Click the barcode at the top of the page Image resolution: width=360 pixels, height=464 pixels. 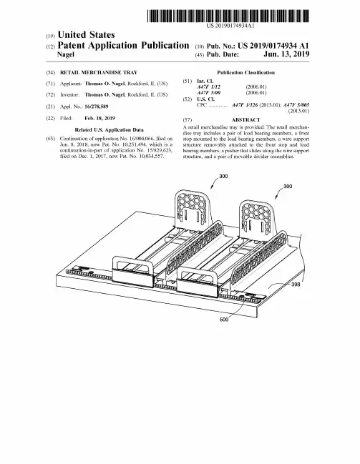(x=228, y=16)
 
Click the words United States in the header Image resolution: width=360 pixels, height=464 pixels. (x=86, y=35)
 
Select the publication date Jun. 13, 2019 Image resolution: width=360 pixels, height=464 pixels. (x=286, y=54)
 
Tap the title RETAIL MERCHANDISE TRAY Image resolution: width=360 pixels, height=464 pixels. (x=99, y=72)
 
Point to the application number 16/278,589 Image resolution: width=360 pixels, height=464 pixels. (x=97, y=107)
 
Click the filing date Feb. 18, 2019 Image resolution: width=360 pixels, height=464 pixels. (x=99, y=119)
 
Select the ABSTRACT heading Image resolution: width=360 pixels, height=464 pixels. (x=246, y=120)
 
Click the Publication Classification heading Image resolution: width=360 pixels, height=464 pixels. (x=246, y=72)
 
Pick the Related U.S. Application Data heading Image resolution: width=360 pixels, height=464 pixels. (x=109, y=130)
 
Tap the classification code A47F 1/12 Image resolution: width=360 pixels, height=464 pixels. (x=208, y=87)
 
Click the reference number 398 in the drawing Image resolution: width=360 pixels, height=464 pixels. (x=296, y=285)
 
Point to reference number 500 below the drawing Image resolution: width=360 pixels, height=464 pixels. (x=224, y=320)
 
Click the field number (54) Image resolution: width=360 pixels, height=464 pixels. (x=50, y=72)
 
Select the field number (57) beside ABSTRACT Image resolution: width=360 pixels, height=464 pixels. (x=188, y=120)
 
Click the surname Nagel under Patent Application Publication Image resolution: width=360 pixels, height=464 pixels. (x=65, y=54)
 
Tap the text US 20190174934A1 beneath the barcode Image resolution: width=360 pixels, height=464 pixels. (x=230, y=26)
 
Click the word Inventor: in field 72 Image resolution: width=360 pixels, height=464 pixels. (x=69, y=94)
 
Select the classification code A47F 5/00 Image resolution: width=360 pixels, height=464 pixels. (x=208, y=93)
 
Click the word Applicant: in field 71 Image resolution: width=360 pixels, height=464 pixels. (x=71, y=84)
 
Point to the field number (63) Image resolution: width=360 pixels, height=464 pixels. (x=50, y=139)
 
